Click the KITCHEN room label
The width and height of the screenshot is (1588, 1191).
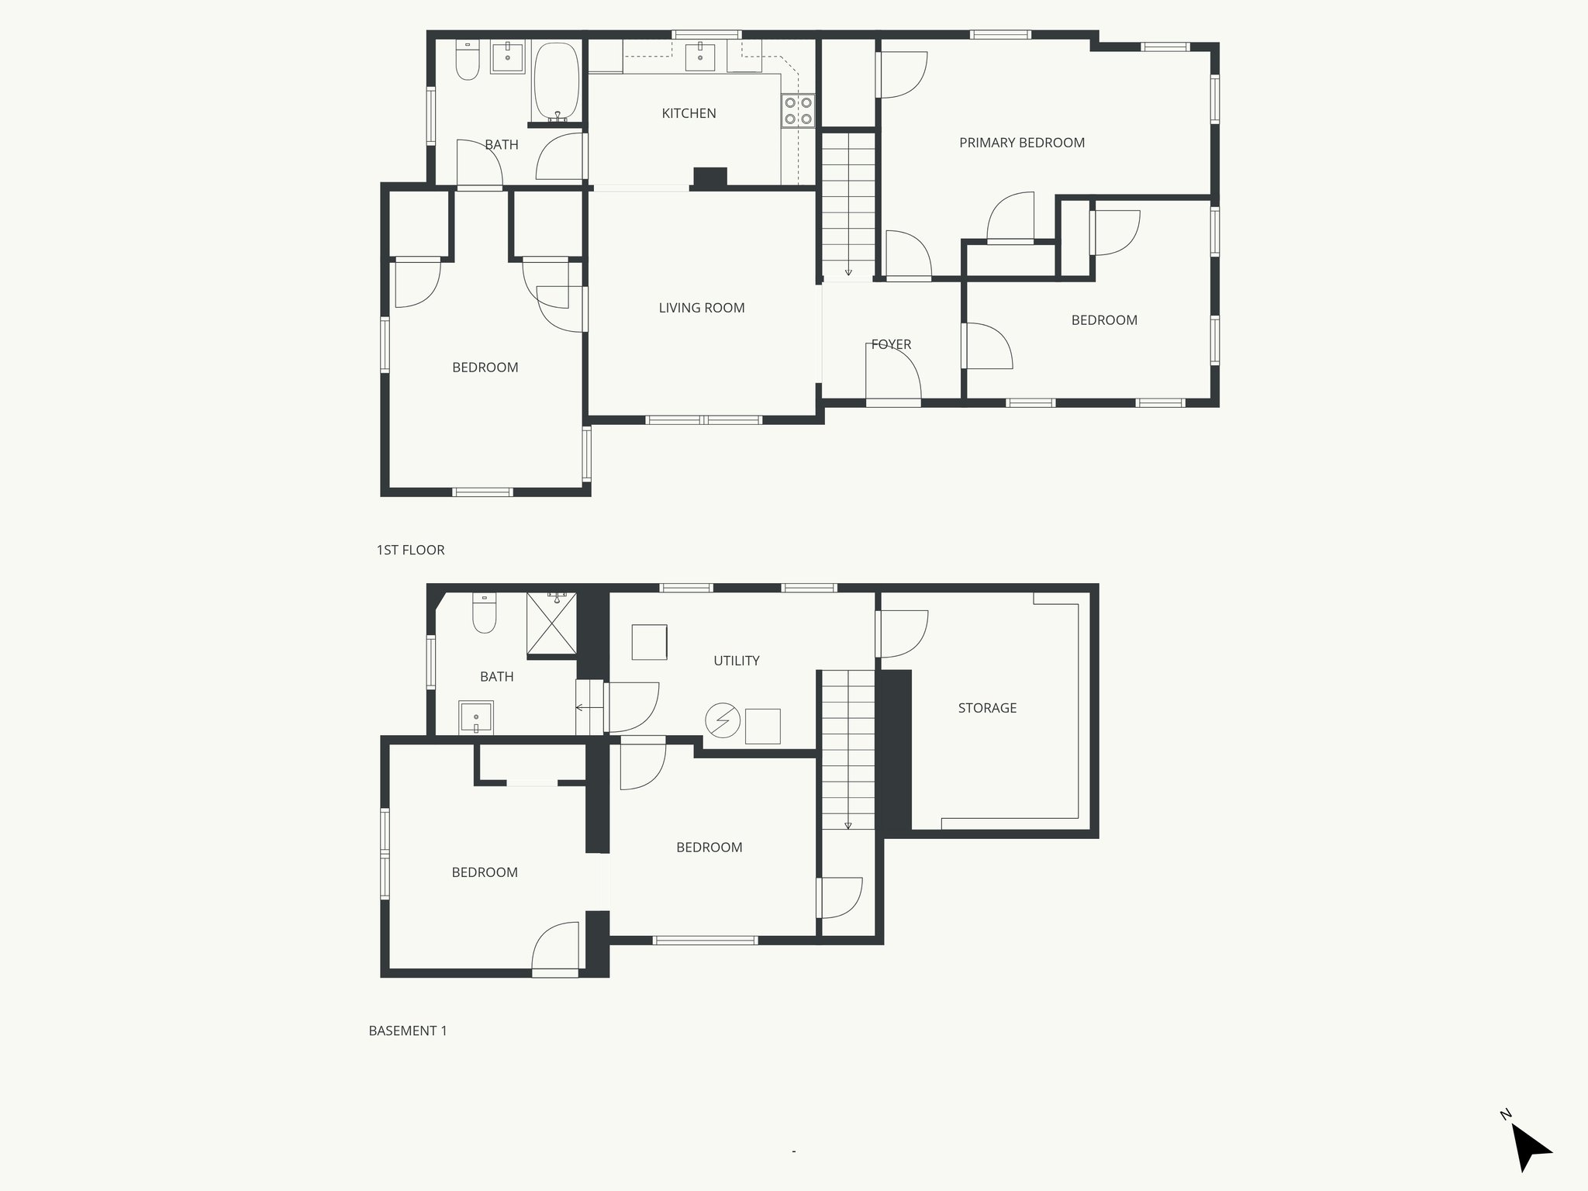pos(689,113)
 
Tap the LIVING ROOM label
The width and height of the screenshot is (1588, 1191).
pos(701,308)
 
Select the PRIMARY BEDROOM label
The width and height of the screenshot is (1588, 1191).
pos(1021,143)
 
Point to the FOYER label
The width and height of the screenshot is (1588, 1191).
pos(891,344)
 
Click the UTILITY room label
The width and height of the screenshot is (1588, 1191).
pos(736,661)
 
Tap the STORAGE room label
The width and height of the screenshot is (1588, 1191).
pos(986,708)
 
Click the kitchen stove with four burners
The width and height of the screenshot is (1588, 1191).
pos(798,110)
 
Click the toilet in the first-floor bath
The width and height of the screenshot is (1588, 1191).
pos(468,61)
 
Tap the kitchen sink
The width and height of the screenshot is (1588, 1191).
pos(700,54)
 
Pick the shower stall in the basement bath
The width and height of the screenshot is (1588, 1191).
pos(551,625)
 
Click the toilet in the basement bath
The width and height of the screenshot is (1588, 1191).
pos(485,613)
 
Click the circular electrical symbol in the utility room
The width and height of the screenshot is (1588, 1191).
pos(722,720)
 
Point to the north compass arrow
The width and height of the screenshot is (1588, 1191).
pos(1529,1148)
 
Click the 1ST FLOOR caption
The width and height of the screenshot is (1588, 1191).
pos(410,551)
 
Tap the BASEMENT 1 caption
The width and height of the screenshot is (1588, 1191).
pos(408,1031)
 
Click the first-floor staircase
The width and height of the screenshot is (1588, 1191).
pos(848,205)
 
